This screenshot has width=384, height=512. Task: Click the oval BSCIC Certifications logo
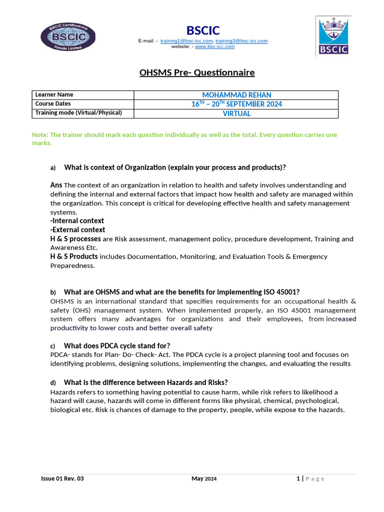[65, 37]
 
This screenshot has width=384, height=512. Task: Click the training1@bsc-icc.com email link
[187, 40]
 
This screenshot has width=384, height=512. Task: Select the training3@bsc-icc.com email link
[241, 40]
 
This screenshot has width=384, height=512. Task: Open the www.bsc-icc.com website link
[214, 46]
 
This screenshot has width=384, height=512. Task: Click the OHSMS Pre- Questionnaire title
[196, 73]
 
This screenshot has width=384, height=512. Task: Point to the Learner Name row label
[54, 95]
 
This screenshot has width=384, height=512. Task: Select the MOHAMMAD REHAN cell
[236, 95]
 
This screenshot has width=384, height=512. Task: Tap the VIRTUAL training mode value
[236, 113]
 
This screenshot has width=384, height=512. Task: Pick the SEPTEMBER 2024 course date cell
[236, 104]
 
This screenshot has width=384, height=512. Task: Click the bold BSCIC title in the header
[203, 30]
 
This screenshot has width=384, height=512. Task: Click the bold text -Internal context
[77, 220]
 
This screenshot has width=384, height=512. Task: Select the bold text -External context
[77, 230]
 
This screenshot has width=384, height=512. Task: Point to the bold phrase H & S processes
[75, 239]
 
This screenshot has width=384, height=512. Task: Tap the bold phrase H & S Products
[74, 256]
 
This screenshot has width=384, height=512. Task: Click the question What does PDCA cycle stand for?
[117, 345]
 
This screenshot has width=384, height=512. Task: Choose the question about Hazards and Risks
[146, 382]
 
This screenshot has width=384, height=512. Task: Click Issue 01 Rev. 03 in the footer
[62, 479]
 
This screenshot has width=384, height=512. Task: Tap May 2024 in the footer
[204, 479]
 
